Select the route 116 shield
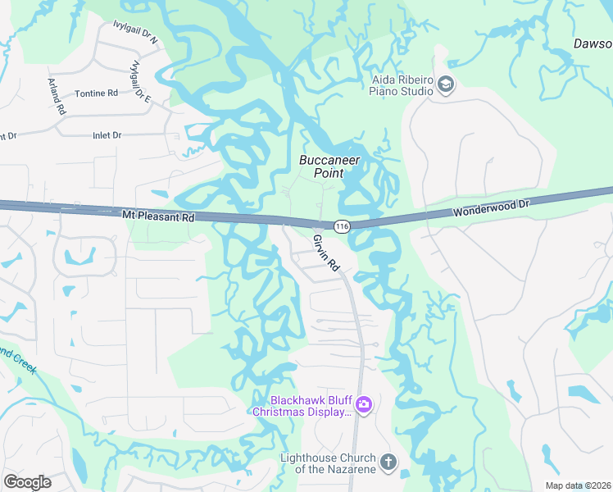[342, 225]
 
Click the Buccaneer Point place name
[329, 166]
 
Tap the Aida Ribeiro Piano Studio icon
[445, 84]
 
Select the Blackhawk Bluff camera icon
[364, 404]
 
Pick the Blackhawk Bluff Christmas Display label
[302, 405]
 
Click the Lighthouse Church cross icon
[388, 462]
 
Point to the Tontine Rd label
[96, 93]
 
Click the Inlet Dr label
[107, 134]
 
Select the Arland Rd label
[56, 96]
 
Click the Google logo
[27, 481]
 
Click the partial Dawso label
[592, 44]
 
